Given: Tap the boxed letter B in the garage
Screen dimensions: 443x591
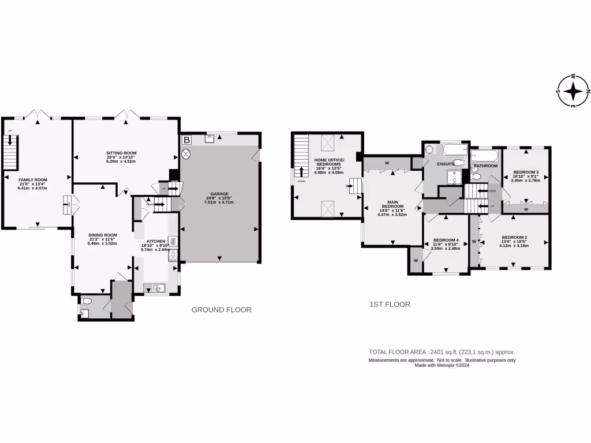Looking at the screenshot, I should [186, 140].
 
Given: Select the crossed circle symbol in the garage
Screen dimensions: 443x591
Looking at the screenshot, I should [186, 154].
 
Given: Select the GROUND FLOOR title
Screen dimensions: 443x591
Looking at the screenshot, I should [221, 310].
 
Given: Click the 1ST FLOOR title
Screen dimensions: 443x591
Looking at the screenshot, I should [390, 304].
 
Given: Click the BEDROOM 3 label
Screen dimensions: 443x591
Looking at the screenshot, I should [525, 172].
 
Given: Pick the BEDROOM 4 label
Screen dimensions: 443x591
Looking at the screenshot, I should [446, 240].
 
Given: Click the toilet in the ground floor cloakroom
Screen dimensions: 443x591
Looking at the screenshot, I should [87, 301].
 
